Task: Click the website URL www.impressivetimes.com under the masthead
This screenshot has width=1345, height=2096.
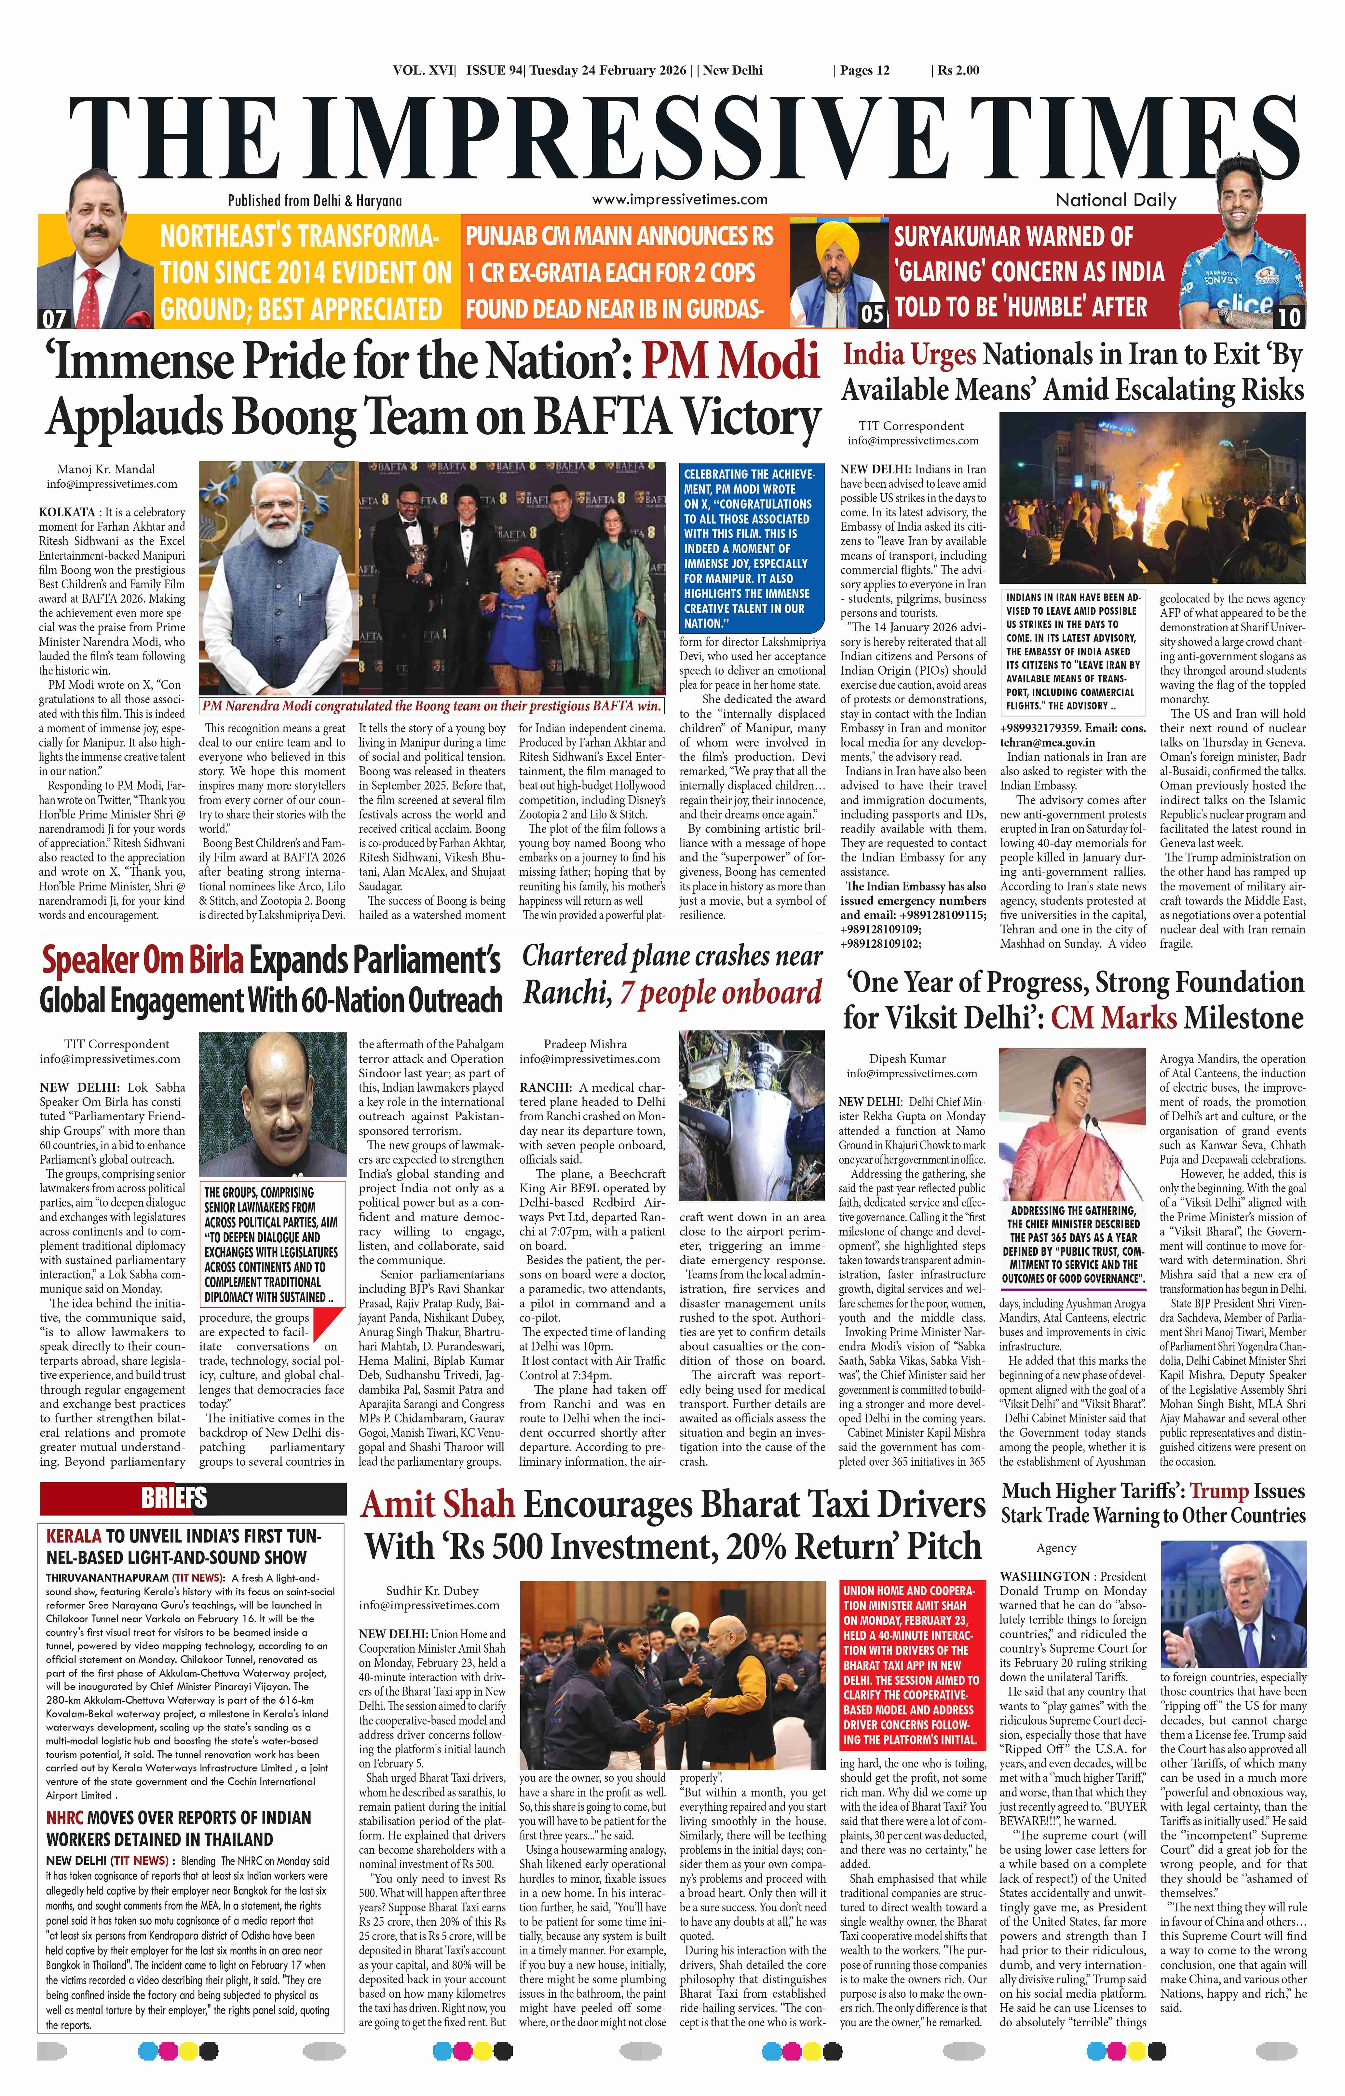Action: [679, 199]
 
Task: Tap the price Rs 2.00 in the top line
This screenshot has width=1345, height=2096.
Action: [958, 71]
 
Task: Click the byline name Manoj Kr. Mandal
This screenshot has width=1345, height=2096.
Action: [106, 469]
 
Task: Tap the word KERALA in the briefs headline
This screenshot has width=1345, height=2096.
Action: [73, 1536]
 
